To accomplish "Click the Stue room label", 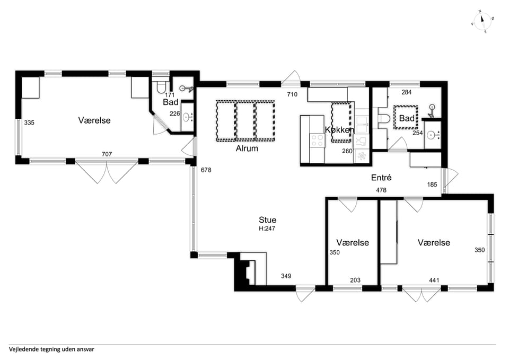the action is [x=267, y=220].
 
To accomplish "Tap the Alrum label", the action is [x=247, y=148].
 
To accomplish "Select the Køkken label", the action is [x=339, y=130].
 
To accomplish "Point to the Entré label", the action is [x=381, y=178].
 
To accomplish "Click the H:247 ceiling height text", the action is [x=267, y=229].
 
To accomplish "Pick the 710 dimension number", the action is [x=292, y=94].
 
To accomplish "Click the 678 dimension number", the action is [x=206, y=170].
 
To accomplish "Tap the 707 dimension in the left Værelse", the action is [x=107, y=154].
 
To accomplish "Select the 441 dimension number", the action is [x=434, y=280].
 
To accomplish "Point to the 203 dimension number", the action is [x=355, y=280].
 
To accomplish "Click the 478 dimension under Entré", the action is [x=381, y=190].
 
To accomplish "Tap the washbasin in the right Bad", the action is [x=432, y=134].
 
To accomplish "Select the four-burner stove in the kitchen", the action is [x=317, y=141].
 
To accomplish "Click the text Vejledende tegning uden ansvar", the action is [x=51, y=349].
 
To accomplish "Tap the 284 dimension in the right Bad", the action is [x=407, y=92].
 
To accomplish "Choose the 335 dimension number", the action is [x=29, y=122].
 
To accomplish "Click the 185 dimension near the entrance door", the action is [x=432, y=185].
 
